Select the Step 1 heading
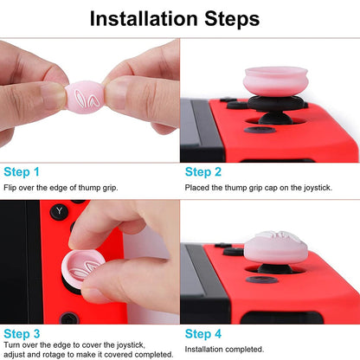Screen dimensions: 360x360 (x=21, y=172)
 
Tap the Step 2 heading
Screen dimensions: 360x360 (x=202, y=172)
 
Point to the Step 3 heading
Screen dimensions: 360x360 (x=21, y=332)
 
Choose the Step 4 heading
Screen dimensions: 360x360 (x=202, y=332)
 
